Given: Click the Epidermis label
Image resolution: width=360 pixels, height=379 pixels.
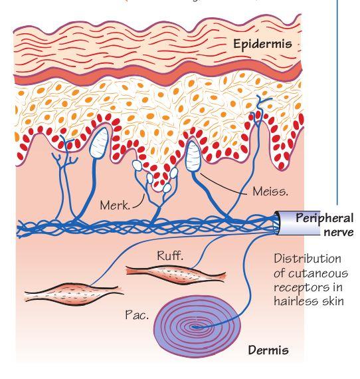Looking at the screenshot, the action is tap(262, 45).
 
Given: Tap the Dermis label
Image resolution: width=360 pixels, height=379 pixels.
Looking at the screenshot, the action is tap(268, 350).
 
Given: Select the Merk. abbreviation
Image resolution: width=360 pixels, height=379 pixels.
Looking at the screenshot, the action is tap(115, 205).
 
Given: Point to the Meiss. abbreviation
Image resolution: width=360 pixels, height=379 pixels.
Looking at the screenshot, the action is tap(270, 192).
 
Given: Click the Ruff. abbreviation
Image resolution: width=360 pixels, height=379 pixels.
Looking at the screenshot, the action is tap(170, 255).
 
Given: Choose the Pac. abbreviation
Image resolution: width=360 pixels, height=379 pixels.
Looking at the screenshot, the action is tap(137, 315).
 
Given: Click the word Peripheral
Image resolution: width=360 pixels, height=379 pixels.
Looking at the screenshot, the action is tap(325, 219).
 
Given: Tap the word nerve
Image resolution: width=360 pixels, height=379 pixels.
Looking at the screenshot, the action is tap(339, 233).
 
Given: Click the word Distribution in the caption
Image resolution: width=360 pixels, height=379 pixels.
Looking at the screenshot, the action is tap(308, 259).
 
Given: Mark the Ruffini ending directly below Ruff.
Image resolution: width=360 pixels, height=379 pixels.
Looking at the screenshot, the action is tap(176, 275).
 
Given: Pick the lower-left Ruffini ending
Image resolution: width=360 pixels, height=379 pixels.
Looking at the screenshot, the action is tap(74, 294).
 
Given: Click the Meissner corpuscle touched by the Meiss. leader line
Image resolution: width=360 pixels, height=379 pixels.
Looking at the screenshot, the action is tap(193, 156).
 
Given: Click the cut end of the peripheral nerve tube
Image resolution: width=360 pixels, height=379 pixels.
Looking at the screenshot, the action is tap(277, 222).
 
